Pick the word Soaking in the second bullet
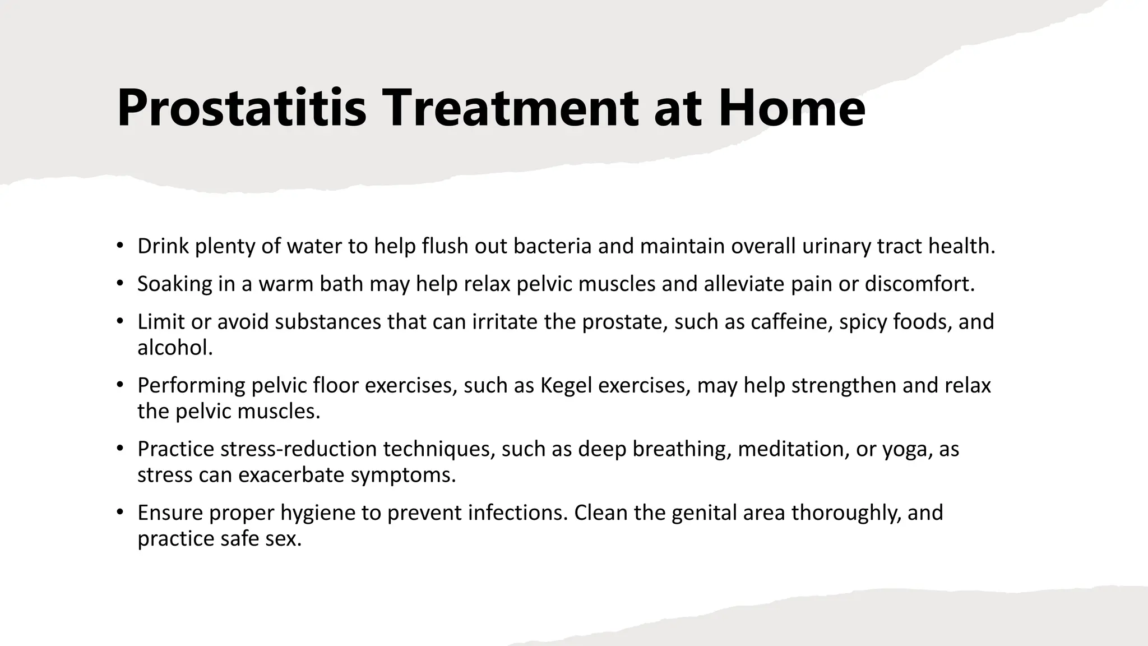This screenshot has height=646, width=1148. click(x=174, y=284)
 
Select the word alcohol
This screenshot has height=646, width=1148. click(x=175, y=348)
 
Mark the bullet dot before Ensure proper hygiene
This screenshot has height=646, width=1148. click(x=119, y=512)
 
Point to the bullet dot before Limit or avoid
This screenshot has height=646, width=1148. click(x=119, y=321)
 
